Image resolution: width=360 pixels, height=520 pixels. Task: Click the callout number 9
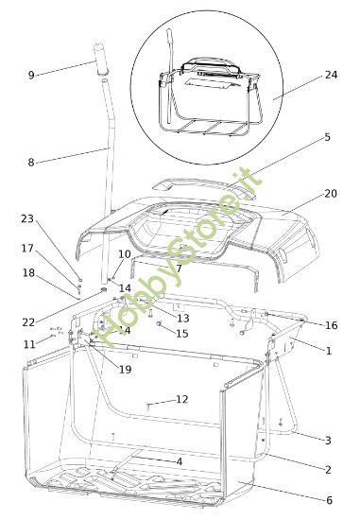(x=30, y=75)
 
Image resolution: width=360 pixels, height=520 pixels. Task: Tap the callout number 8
(x=30, y=162)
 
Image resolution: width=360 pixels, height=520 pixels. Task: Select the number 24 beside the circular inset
(x=330, y=75)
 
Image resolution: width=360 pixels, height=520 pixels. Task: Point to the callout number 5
(x=327, y=137)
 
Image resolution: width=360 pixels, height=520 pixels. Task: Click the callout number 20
(x=330, y=193)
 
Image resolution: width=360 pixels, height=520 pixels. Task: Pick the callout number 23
(x=26, y=218)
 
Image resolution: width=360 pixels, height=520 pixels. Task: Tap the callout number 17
(x=26, y=249)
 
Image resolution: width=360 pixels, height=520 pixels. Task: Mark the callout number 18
(x=28, y=272)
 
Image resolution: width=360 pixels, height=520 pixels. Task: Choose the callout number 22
(x=28, y=322)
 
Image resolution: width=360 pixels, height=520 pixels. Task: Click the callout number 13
(x=182, y=318)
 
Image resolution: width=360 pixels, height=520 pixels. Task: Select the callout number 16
(x=330, y=325)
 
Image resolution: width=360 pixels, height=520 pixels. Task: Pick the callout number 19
(x=125, y=370)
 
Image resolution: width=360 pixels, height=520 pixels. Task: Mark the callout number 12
(x=181, y=399)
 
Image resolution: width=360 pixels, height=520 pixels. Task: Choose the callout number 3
(x=327, y=440)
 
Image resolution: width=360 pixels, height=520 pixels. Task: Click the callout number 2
(x=327, y=470)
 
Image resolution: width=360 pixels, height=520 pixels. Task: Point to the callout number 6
(x=328, y=500)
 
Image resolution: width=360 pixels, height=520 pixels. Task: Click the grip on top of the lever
(x=101, y=52)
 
